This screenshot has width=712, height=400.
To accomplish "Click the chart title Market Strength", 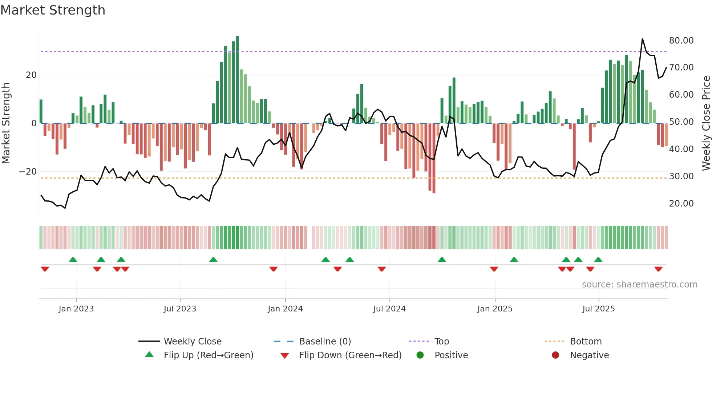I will [x=53, y=10].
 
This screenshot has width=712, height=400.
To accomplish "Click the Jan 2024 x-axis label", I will [x=285, y=309].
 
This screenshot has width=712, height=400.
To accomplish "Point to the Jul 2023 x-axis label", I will [x=180, y=309].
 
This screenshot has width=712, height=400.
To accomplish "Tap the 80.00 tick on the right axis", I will [x=681, y=41].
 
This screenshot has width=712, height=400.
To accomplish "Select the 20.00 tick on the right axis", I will [x=681, y=204].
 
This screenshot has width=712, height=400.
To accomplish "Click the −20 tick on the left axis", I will [x=28, y=172].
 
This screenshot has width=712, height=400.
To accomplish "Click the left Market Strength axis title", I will [x=6, y=123].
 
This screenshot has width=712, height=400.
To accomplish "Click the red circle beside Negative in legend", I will [x=555, y=355].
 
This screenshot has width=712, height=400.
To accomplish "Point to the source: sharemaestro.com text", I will [x=639, y=285].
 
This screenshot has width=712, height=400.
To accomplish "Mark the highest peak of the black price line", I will [x=642, y=39].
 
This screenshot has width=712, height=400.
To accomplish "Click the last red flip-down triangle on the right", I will [x=658, y=269].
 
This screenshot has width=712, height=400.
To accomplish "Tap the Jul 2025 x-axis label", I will [x=598, y=309].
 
